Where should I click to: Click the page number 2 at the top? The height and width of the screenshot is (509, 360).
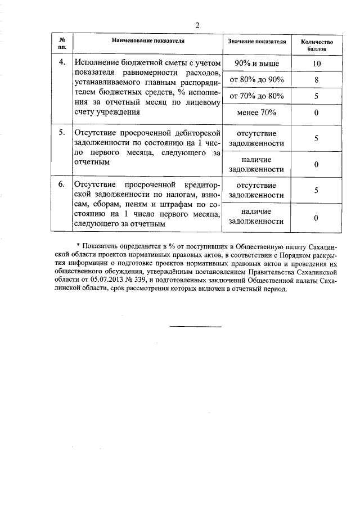click(x=197, y=25)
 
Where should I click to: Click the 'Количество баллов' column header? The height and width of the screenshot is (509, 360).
click(x=317, y=45)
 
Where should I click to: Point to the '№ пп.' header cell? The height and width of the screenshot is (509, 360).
click(x=62, y=45)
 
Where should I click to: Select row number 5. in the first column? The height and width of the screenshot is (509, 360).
click(x=62, y=133)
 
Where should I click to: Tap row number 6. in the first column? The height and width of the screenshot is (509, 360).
click(x=62, y=184)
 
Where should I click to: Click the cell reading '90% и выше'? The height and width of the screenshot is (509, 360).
click(x=256, y=63)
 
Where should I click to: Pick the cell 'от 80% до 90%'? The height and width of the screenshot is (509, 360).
click(x=256, y=79)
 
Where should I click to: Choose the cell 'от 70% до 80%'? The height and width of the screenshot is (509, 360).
click(x=256, y=96)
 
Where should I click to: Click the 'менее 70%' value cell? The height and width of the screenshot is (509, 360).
click(x=256, y=112)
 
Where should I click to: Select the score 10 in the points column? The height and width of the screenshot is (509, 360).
click(x=317, y=63)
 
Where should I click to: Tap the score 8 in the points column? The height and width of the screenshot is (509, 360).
click(x=317, y=79)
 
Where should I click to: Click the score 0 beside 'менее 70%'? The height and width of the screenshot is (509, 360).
click(x=317, y=112)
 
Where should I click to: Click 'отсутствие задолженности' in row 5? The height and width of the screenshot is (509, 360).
click(x=256, y=138)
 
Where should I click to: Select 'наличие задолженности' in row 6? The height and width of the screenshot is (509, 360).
click(x=256, y=217)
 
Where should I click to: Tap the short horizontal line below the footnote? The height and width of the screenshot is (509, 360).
click(x=195, y=326)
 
